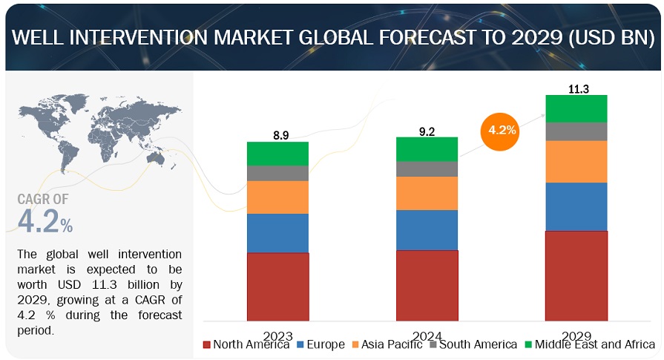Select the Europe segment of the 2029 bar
coord(576,206)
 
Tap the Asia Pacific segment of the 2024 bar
coord(427,193)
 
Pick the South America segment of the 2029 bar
coord(576,131)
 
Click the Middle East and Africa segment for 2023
coord(277,154)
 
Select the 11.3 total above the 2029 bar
coord(576,88)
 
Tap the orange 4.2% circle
coord(502,130)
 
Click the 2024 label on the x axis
coord(427,335)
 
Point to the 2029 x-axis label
coord(576,335)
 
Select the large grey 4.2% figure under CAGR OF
coord(45,221)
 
